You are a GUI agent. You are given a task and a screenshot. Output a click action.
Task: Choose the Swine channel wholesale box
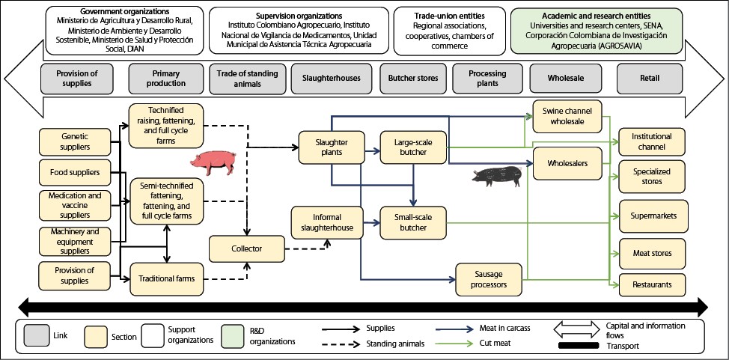point(567,116)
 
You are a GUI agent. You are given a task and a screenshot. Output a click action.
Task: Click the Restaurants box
point(650,284)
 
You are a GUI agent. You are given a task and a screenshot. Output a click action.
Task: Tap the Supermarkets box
point(650,216)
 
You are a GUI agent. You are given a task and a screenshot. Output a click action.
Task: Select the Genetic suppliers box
point(75,143)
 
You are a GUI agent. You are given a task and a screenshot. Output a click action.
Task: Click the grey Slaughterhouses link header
point(331,77)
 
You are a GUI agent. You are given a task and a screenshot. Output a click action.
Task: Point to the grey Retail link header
point(650,77)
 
